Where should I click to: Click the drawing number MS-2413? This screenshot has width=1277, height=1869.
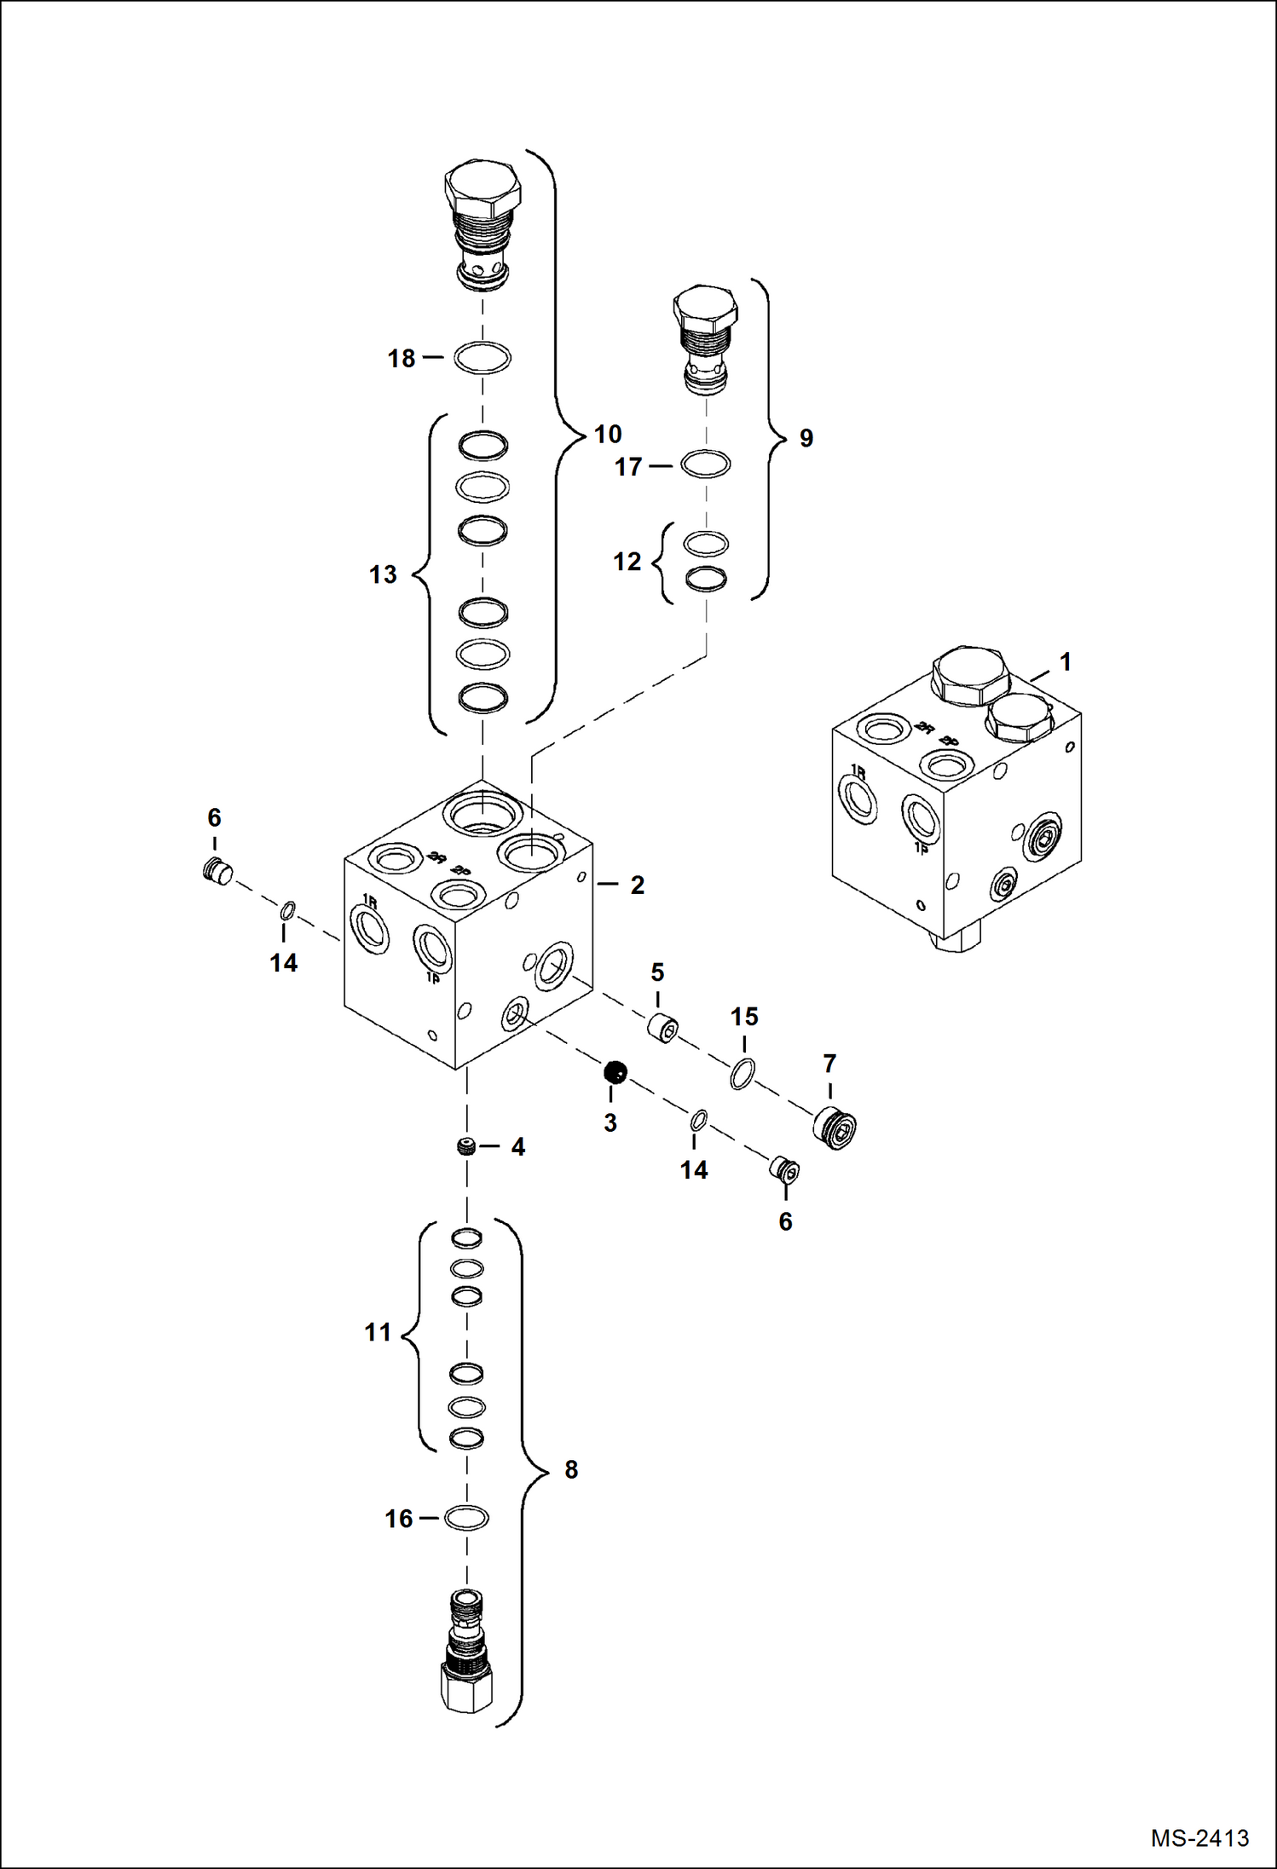coord(1199,1838)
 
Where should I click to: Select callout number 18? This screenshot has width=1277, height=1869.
coord(402,359)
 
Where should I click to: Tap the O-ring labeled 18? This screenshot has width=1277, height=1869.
coord(482,357)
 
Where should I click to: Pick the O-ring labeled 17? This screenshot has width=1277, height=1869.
coord(706,464)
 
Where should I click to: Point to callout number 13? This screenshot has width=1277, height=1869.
coord(383,574)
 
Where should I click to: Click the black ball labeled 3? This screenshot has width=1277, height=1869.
coord(615,1072)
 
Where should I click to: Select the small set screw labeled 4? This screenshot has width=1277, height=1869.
coord(465,1146)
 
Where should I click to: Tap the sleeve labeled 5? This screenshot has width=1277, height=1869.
coord(662,1029)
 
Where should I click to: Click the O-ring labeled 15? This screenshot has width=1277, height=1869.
coord(743,1074)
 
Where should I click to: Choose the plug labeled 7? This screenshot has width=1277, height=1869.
coord(835,1128)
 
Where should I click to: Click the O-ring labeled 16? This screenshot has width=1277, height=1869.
coord(466,1517)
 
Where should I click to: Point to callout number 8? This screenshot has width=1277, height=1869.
coord(571,1469)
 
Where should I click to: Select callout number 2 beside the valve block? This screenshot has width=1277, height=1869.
coord(637,885)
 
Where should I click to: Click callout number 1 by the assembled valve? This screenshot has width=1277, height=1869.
coord(1065,661)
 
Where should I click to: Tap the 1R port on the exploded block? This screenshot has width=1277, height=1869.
coord(369,929)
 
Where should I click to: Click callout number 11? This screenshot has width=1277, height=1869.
coord(378,1332)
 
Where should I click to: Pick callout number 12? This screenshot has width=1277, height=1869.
coord(627,562)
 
